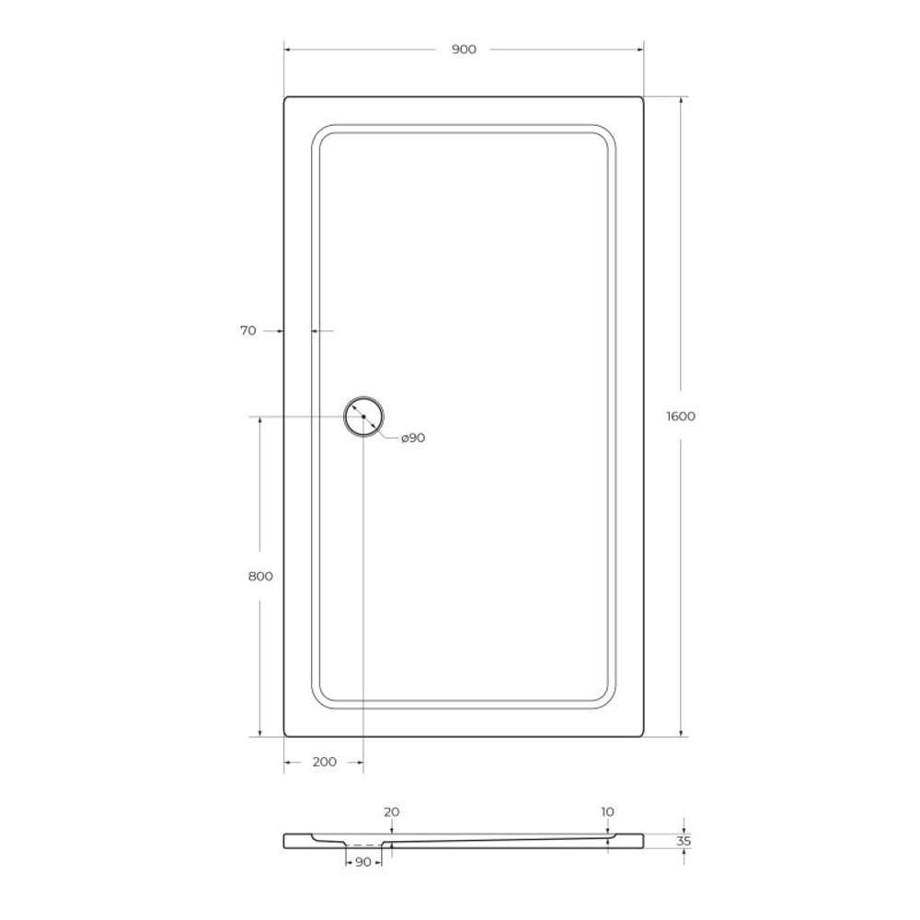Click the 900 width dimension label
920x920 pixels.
[x=464, y=50]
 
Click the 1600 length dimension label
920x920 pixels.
[x=681, y=416]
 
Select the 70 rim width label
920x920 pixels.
[x=248, y=330]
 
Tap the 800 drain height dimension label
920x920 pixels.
[x=260, y=576]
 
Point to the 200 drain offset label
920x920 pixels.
[x=325, y=762]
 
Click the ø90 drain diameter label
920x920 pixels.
[x=413, y=438]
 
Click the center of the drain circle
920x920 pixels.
[x=363, y=417]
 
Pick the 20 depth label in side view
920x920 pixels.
[x=392, y=812]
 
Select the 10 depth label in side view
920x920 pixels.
[x=607, y=812]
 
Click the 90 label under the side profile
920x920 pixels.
[x=362, y=862]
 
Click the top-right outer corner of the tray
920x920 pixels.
[x=642, y=98]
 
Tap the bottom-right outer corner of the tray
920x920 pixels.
[x=642, y=735]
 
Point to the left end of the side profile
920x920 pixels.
[x=286, y=840]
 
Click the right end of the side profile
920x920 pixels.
[x=641, y=840]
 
